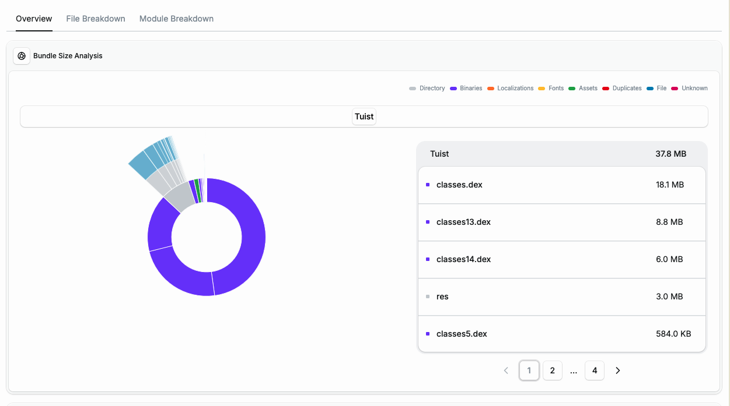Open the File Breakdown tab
tap(96, 19)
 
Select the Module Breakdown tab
tap(176, 19)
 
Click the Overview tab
tap(34, 19)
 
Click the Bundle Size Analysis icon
tap(22, 56)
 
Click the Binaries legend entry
tap(466, 89)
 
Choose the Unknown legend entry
tap(690, 89)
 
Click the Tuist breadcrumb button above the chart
tap(364, 116)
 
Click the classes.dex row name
tap(459, 185)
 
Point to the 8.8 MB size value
tap(669, 222)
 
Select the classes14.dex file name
tap(463, 259)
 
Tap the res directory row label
tap(442, 296)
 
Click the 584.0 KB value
tap(673, 334)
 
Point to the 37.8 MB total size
tap(670, 154)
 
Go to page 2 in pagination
tap(552, 370)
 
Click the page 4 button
tap(594, 370)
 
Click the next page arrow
tap(618, 370)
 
